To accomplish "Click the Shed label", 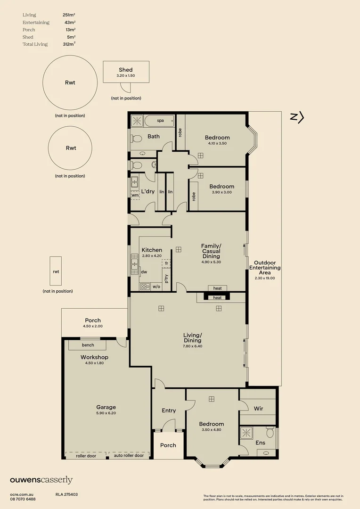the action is (126, 70).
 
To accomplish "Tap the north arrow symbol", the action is (297, 117).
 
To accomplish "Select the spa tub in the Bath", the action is (159, 121).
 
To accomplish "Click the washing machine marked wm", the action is (135, 195).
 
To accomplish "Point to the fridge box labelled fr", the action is (166, 263).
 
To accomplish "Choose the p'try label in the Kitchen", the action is (166, 279).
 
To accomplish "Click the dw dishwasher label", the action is (144, 272).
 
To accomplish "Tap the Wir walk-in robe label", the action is (258, 408).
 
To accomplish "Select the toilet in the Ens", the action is (270, 432).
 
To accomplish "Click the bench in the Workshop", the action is (88, 345).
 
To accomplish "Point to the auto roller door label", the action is (129, 455).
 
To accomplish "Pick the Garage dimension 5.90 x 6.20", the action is (106, 413).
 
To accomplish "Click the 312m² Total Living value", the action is (69, 44).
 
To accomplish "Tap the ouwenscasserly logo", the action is (41, 480).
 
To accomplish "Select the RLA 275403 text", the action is (66, 495).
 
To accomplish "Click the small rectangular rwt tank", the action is (56, 271).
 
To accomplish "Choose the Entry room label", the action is (169, 410).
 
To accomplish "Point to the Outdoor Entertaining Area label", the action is (265, 268).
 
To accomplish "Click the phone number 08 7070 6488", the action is (23, 499).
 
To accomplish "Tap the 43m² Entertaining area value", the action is (70, 23).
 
